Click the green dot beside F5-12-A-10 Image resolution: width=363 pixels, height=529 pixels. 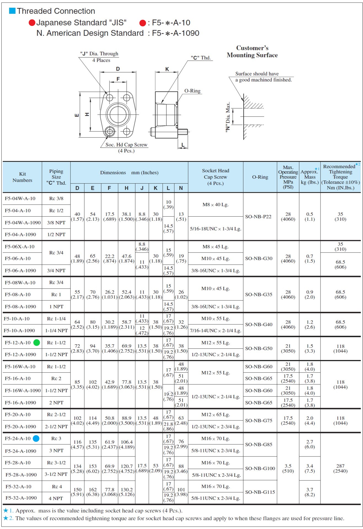pyautogui.click(x=37, y=343)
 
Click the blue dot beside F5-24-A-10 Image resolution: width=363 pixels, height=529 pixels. pyautogui.click(x=36, y=439)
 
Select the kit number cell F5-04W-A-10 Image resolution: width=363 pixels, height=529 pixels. pyautogui.click(x=20, y=198)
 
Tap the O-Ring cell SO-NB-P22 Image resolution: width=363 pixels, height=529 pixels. pyautogui.click(x=258, y=217)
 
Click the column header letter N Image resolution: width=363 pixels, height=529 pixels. pyautogui.click(x=181, y=188)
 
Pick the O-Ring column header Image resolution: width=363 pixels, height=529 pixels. pyautogui.click(x=260, y=177)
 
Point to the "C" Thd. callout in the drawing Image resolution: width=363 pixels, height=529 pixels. pyautogui.click(x=201, y=58)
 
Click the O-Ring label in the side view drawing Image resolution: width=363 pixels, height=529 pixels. pyautogui.click(x=192, y=91)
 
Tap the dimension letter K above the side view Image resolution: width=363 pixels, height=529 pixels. pyautogui.click(x=167, y=69)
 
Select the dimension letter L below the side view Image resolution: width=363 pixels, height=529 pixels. pyautogui.click(x=183, y=145)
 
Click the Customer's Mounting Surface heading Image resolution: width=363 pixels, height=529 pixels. pyautogui.click(x=252, y=52)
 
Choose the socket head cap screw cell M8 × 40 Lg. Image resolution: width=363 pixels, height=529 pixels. pyautogui.click(x=215, y=205)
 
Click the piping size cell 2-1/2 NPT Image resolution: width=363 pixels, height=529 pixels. pyautogui.click(x=56, y=426)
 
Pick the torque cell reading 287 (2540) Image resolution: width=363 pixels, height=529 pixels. pyautogui.click(x=340, y=468)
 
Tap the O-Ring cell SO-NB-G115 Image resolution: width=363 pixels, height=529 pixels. pyautogui.click(x=260, y=492)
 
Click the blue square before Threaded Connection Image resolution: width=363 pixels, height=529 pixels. pyautogui.click(x=12, y=11)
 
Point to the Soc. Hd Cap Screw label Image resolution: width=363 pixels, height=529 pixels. pyautogui.click(x=126, y=145)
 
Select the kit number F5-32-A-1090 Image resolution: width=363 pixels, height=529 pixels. pyautogui.click(x=21, y=498)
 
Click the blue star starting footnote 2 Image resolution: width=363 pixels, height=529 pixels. pyautogui.click(x=6, y=518)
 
